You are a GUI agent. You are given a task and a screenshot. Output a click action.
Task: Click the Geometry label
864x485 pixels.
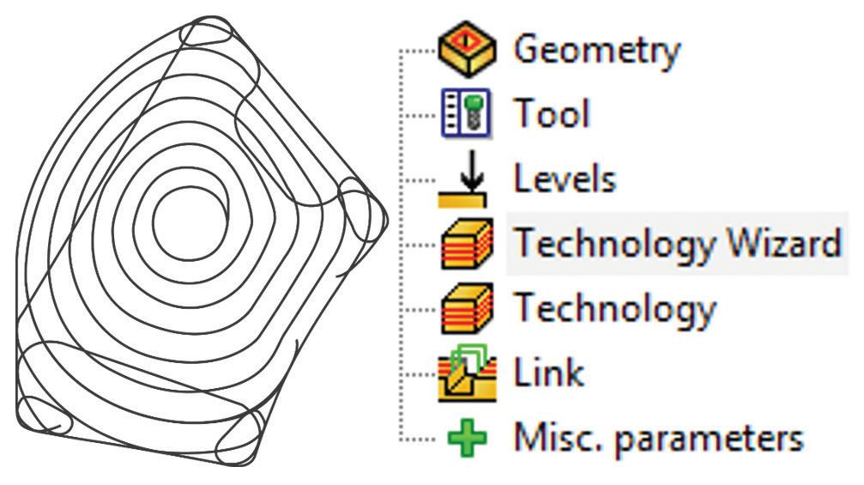click(x=596, y=50)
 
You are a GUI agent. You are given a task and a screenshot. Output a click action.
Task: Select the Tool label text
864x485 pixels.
click(x=551, y=113)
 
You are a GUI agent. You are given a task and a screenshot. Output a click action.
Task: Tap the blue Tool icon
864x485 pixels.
click(x=467, y=114)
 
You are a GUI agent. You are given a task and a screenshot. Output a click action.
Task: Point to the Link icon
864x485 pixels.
click(x=467, y=373)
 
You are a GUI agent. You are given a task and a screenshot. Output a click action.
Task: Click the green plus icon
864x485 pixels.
click(x=466, y=439)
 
